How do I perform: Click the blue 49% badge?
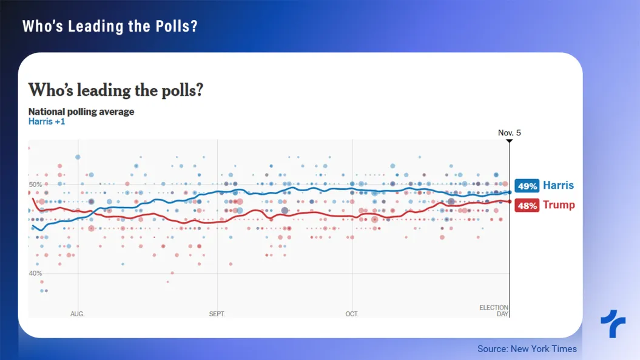pyautogui.click(x=527, y=186)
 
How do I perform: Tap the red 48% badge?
pyautogui.click(x=527, y=205)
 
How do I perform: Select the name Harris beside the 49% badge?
pyautogui.click(x=558, y=185)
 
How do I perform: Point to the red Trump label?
pyautogui.click(x=559, y=205)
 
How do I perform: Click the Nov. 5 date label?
pyautogui.click(x=510, y=132)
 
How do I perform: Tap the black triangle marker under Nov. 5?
pyautogui.click(x=510, y=141)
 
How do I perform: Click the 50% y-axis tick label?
pyautogui.click(x=35, y=185)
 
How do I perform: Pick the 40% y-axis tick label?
pyautogui.click(x=35, y=273)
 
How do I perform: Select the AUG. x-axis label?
pyautogui.click(x=77, y=314)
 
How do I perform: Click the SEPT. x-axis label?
pyautogui.click(x=217, y=314)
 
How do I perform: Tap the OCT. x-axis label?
pyautogui.click(x=352, y=314)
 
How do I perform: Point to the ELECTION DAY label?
pyautogui.click(x=494, y=311)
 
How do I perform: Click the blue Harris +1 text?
pyautogui.click(x=47, y=121)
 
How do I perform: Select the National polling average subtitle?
pyautogui.click(x=81, y=112)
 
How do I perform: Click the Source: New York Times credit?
pyautogui.click(x=527, y=348)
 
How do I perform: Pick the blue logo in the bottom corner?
pyautogui.click(x=613, y=324)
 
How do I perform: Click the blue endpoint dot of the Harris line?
pyautogui.click(x=510, y=192)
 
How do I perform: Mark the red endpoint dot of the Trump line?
pyautogui.click(x=510, y=202)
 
